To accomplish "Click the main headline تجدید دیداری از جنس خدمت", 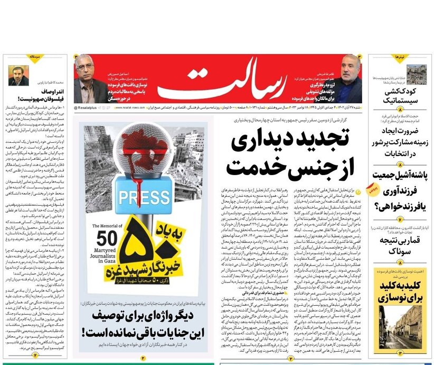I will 290,154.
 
